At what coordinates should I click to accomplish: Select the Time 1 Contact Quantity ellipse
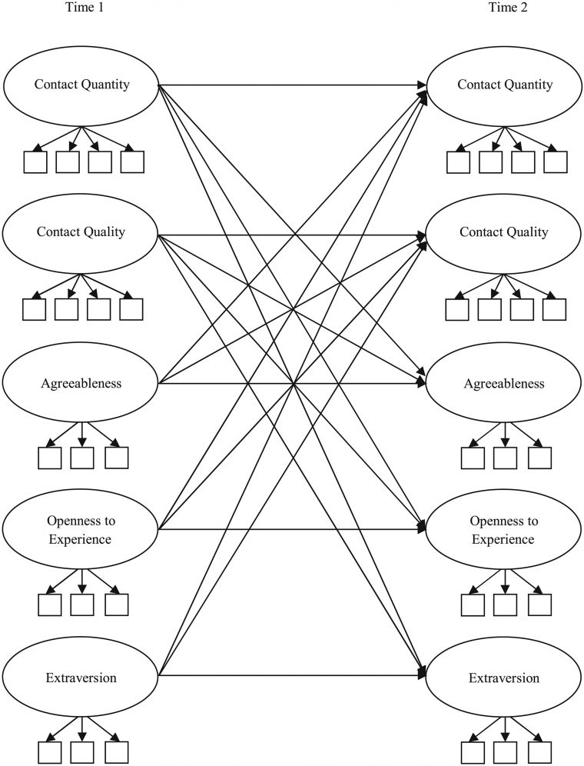pyautogui.click(x=81, y=85)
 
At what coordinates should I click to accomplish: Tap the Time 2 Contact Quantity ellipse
pyautogui.click(x=505, y=85)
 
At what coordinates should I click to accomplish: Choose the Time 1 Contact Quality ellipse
pyautogui.click(x=81, y=231)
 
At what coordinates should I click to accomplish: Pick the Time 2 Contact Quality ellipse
pyautogui.click(x=504, y=231)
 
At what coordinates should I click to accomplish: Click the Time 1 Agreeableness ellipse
pyautogui.click(x=81, y=382)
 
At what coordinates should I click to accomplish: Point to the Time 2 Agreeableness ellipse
pyautogui.click(x=505, y=382)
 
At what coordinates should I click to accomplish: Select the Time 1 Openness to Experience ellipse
pyautogui.click(x=81, y=529)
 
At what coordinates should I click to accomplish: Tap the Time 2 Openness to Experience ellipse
pyautogui.click(x=505, y=529)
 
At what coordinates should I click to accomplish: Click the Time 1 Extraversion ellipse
pyautogui.click(x=81, y=678)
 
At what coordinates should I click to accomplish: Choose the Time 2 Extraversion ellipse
pyautogui.click(x=505, y=678)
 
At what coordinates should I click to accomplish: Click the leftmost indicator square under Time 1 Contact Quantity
pyautogui.click(x=35, y=162)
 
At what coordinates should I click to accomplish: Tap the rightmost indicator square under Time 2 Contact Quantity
pyautogui.click(x=555, y=162)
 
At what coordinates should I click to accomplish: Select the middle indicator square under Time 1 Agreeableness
pyautogui.click(x=82, y=458)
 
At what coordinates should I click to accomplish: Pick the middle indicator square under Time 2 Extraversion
pyautogui.click(x=506, y=752)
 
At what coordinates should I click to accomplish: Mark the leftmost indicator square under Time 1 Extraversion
pyautogui.click(x=50, y=752)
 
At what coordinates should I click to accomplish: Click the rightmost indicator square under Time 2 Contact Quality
pyautogui.click(x=554, y=308)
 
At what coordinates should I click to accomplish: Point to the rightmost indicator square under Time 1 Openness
pyautogui.click(x=116, y=604)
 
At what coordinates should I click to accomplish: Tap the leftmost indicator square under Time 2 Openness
pyautogui.click(x=473, y=604)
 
